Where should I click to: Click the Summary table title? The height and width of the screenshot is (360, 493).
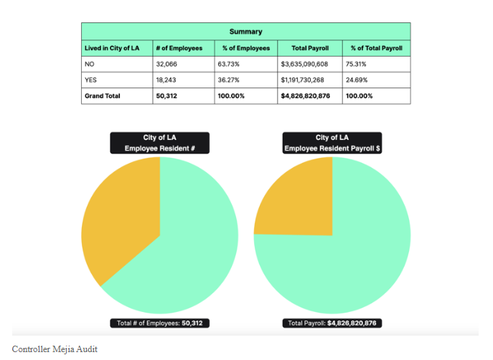coord(245,32)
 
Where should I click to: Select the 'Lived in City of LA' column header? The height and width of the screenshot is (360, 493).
coord(111,48)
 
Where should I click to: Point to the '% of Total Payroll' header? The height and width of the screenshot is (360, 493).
coord(376,48)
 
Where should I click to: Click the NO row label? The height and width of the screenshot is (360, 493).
coord(90,64)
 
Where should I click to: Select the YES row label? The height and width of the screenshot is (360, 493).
coord(91,80)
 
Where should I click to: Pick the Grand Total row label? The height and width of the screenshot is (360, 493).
coord(103,95)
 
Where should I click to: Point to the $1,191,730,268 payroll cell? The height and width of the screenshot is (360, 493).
coord(304,80)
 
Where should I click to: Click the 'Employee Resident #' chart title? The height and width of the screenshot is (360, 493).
coord(160,143)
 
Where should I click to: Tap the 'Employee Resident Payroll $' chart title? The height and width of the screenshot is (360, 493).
coord(332,143)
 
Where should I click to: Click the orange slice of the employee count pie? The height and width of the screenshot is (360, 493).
coord(122,222)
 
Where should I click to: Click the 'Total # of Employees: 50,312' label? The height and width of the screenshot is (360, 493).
coord(160,323)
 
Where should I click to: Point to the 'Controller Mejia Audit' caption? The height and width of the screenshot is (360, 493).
coord(55,349)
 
